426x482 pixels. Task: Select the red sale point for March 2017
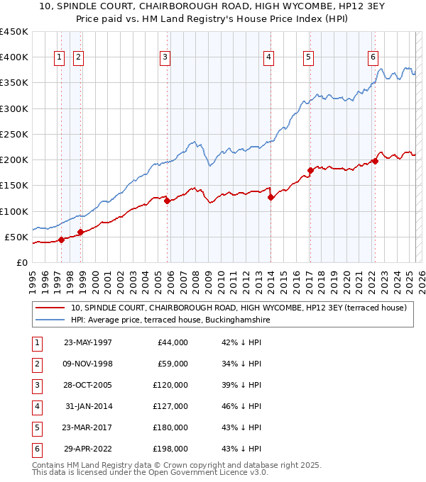pos(310,170)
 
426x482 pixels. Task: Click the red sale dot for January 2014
pos(271,198)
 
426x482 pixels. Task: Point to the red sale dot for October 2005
pos(168,201)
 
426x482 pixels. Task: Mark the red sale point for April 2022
pos(375,161)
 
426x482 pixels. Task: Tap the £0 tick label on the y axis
pos(21,262)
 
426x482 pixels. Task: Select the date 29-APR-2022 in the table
pos(87,449)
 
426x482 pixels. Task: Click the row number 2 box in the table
pos(35,364)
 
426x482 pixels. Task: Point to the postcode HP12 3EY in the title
pos(288,7)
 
